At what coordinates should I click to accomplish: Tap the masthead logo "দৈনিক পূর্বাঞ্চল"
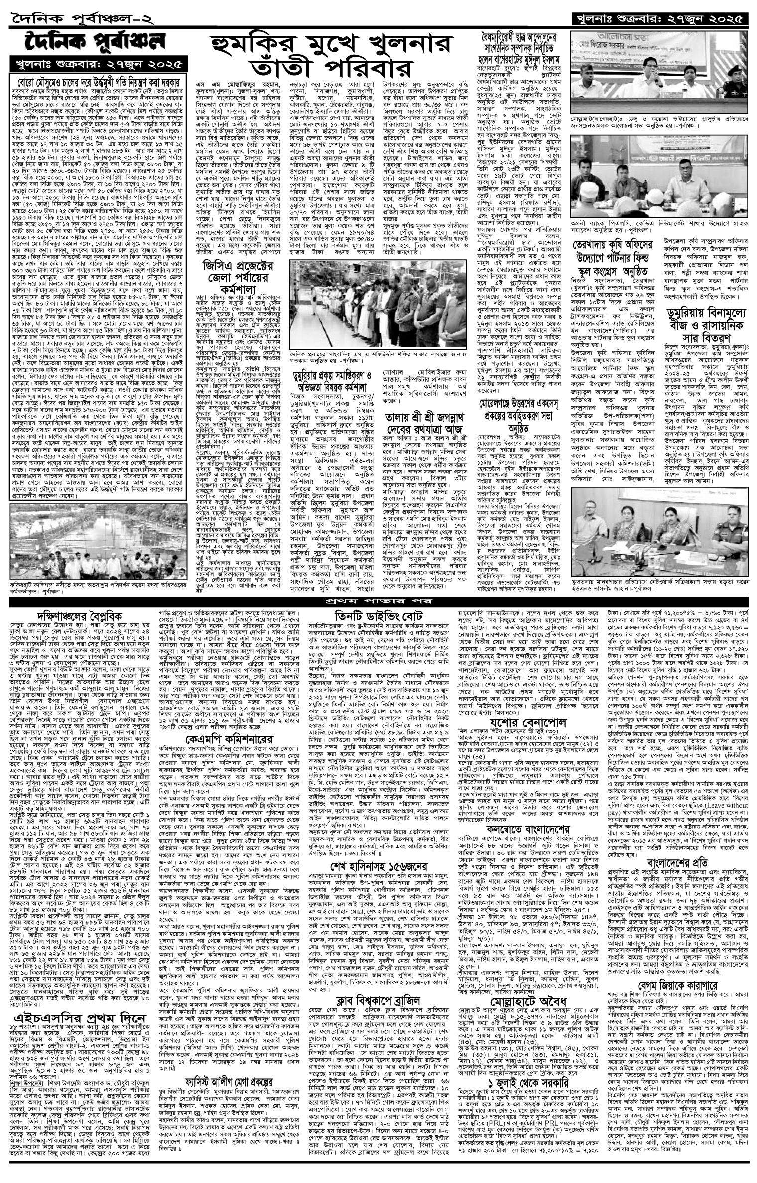point(97,44)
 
